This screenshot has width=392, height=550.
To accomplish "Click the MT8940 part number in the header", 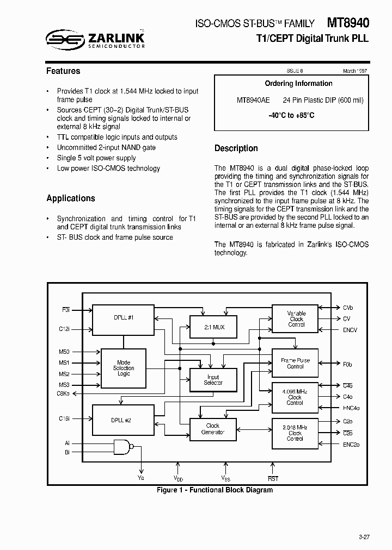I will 347,23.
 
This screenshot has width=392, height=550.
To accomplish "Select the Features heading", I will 63,71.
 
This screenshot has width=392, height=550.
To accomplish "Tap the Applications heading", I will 71,198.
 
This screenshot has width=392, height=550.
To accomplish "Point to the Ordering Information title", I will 298,83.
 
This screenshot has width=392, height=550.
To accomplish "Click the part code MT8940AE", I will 253,100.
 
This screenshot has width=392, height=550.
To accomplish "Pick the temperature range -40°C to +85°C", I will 291,115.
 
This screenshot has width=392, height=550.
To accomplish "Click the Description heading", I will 236,148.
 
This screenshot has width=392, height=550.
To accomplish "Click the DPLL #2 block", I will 120,420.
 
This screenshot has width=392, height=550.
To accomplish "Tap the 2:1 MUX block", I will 213,327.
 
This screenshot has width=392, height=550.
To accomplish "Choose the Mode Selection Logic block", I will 124,368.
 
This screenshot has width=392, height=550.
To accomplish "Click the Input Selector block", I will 213,380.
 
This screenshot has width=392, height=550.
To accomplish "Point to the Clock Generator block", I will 213,429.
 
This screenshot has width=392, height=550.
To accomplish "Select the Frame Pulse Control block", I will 295,363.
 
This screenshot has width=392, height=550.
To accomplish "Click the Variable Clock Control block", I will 296,319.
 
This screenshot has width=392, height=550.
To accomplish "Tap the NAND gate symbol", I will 122,447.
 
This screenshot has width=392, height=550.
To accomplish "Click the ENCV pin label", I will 351,330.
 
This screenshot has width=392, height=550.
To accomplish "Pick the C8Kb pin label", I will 64,393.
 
